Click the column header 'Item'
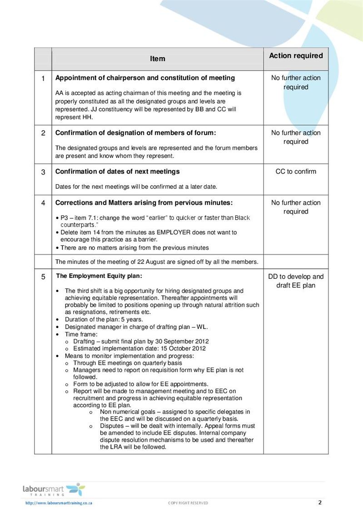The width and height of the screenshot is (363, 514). click(158, 59)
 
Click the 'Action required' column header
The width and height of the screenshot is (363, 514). click(296, 55)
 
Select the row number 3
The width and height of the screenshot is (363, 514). click(43, 172)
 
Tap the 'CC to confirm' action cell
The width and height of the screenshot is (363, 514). click(296, 171)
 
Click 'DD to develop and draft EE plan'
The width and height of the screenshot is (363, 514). click(296, 281)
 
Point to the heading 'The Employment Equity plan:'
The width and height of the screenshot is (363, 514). click(99, 276)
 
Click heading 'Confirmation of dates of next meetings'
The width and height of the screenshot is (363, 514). click(117, 171)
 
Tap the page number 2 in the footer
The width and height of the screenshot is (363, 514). click(320, 503)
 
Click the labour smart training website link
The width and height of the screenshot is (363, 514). click(59, 503)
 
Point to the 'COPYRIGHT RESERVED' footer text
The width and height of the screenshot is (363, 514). click(188, 503)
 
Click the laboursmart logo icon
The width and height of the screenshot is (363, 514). click(75, 489)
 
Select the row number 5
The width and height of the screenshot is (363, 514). click(43, 277)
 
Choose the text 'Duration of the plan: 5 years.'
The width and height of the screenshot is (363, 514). click(104, 319)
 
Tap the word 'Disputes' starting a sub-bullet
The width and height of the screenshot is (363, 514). click(112, 426)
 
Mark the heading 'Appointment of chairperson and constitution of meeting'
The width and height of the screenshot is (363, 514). click(145, 78)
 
